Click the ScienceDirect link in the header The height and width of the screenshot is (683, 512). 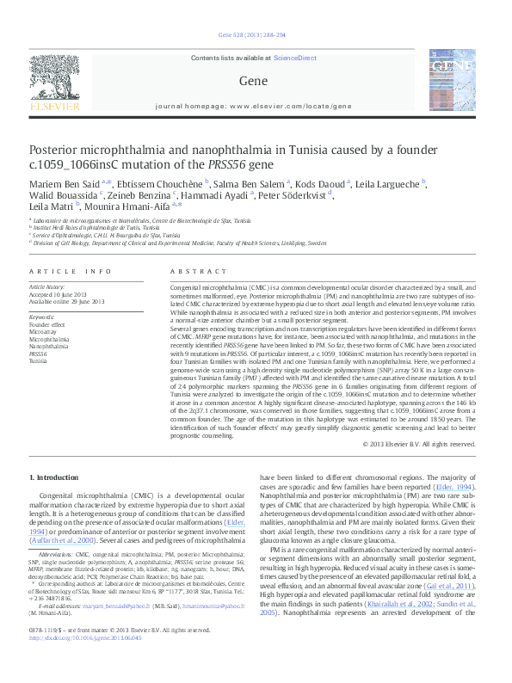(x=294, y=58)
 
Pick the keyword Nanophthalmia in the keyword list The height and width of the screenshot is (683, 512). (x=48, y=346)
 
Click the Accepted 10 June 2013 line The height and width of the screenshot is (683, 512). (x=64, y=293)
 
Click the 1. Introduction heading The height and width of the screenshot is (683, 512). (x=54, y=477)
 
